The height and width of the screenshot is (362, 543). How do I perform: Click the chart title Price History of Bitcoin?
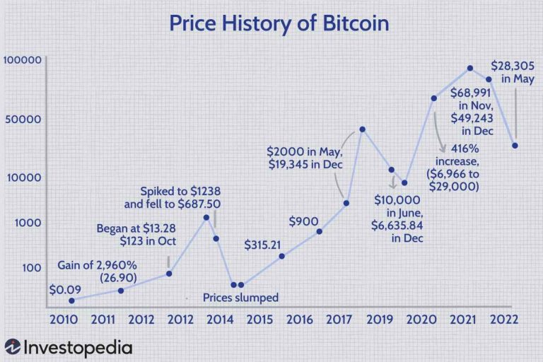(x=279, y=23)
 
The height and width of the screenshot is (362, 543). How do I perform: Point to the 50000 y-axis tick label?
(x=25, y=119)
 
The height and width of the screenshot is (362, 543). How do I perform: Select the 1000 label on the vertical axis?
(x=28, y=223)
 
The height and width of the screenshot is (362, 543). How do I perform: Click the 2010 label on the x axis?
(x=64, y=319)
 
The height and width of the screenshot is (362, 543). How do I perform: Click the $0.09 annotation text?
(x=64, y=289)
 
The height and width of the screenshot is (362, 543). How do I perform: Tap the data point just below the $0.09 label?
(x=71, y=300)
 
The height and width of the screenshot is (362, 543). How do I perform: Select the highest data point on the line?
(x=470, y=68)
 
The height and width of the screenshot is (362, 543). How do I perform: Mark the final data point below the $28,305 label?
(x=515, y=146)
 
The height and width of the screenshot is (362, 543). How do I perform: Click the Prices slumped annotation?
(x=240, y=297)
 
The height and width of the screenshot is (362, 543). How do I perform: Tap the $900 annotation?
(x=303, y=221)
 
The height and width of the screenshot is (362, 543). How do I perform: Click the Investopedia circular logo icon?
(x=13, y=348)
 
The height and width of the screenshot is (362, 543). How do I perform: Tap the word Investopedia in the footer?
(x=77, y=348)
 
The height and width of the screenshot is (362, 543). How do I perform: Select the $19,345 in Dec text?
(x=305, y=164)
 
